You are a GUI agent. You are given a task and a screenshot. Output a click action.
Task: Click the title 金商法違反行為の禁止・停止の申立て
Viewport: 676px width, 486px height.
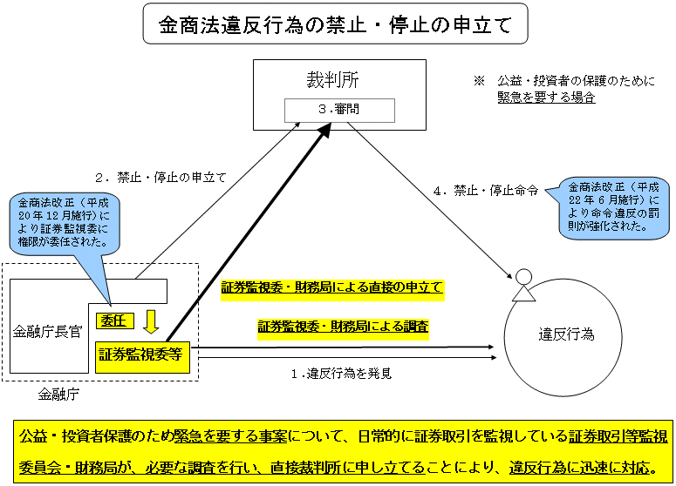pyautogui.click(x=335, y=26)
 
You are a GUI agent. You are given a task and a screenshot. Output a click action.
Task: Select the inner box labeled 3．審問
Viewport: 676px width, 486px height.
pyautogui.click(x=338, y=111)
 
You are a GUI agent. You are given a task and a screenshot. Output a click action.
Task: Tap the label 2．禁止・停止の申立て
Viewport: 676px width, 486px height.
pyautogui.click(x=160, y=177)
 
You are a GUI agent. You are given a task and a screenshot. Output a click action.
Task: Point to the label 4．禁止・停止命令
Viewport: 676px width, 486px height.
pyautogui.click(x=486, y=190)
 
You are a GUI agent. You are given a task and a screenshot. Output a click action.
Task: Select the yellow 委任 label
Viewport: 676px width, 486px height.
pyautogui.click(x=114, y=321)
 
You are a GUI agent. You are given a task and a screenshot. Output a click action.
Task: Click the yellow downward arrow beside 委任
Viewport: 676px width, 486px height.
pyautogui.click(x=151, y=322)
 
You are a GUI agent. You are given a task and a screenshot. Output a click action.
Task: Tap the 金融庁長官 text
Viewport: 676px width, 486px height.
pyautogui.click(x=47, y=331)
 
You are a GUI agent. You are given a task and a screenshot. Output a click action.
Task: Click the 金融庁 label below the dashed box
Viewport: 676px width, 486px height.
pyautogui.click(x=58, y=395)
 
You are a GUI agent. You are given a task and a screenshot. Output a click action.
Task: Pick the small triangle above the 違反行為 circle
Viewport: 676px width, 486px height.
pyautogui.click(x=522, y=294)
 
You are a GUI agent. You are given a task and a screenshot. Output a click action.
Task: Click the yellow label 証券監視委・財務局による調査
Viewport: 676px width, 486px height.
pyautogui.click(x=343, y=327)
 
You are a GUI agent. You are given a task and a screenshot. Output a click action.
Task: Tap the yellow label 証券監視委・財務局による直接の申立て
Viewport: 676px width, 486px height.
pyautogui.click(x=332, y=287)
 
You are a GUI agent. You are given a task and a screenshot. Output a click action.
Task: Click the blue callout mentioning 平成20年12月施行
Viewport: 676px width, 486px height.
pyautogui.click(x=66, y=221)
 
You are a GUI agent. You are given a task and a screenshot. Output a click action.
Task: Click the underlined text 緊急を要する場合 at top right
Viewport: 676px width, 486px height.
pyautogui.click(x=546, y=98)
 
